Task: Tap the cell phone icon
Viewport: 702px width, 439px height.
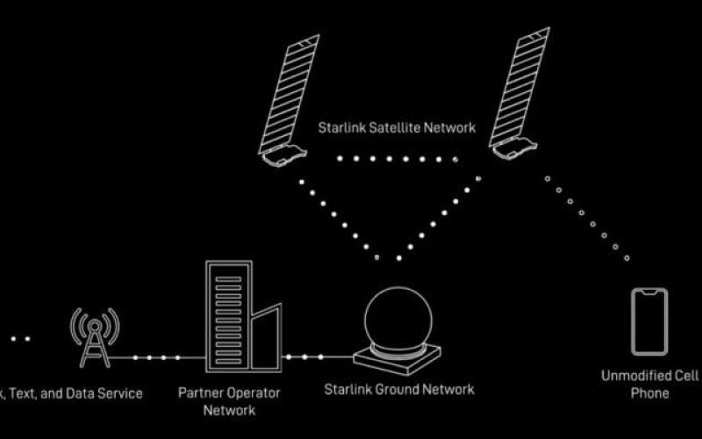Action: click(649, 321)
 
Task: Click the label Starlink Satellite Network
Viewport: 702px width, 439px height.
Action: click(397, 128)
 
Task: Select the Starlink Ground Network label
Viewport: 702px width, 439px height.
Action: click(399, 389)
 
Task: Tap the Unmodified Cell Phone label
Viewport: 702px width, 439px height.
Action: click(650, 385)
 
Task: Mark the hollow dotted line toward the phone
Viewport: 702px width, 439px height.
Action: click(586, 218)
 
